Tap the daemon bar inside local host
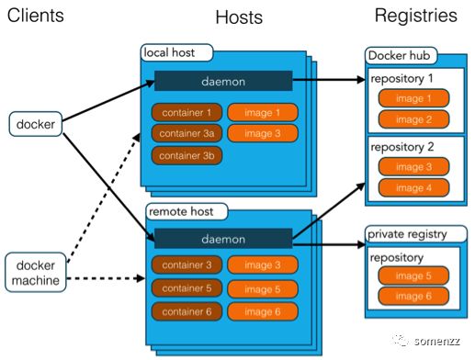[223, 81]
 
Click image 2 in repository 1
[413, 118]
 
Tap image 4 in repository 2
[413, 187]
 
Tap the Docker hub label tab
[401, 56]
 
